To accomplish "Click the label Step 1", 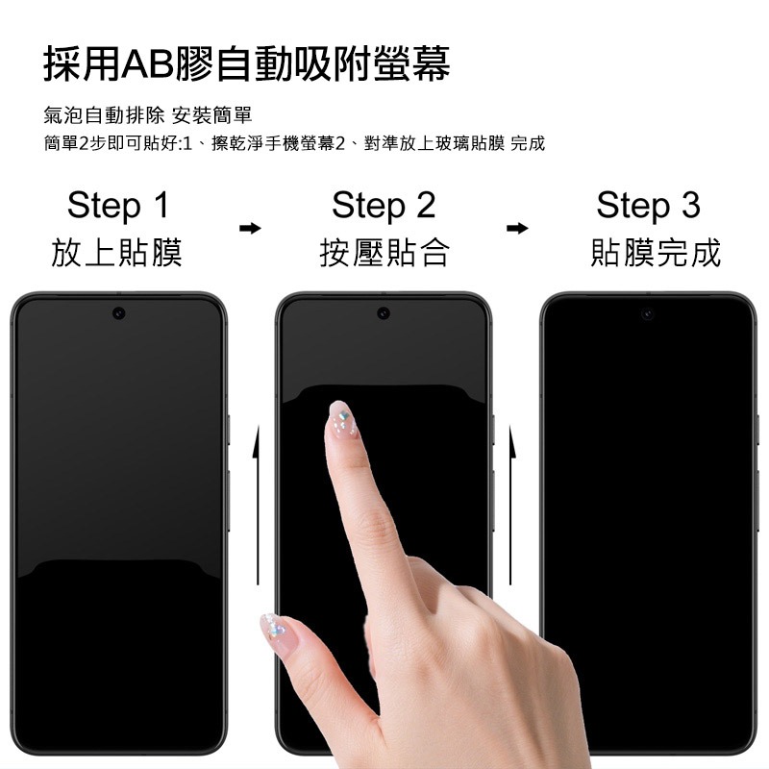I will (x=117, y=205).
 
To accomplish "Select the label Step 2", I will (x=384, y=205).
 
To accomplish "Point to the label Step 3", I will (x=648, y=205).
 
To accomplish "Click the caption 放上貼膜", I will (x=117, y=253).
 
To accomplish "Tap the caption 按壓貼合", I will (x=384, y=253).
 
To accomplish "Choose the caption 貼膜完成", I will (x=656, y=253).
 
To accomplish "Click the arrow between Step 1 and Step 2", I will (x=250, y=229).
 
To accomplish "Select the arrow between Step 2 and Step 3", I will (x=517, y=229).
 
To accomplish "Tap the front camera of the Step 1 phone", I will (x=118, y=313).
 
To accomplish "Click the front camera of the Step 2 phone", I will (x=384, y=313).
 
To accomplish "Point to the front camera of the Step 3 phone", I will (x=648, y=313).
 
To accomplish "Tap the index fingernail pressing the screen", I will (x=341, y=418).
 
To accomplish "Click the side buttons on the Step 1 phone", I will (x=228, y=452).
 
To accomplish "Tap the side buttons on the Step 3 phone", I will (x=757, y=452).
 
